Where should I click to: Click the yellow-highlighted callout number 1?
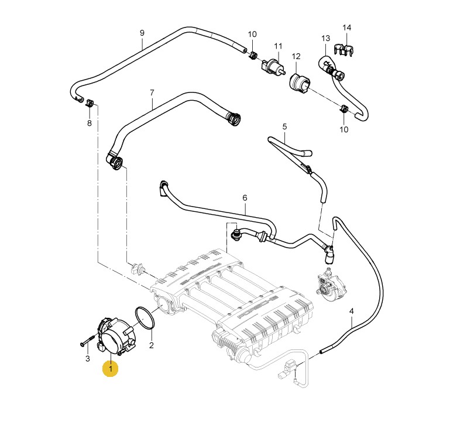[x=111, y=369]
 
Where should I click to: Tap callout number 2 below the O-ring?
[x=151, y=345]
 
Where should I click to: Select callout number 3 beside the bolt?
[x=88, y=358]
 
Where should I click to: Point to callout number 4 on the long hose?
[x=351, y=311]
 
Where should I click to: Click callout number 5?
[x=284, y=126]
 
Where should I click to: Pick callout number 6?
[x=245, y=198]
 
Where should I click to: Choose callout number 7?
[x=152, y=92]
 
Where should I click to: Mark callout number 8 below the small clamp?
[x=90, y=123]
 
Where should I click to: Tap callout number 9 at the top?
[x=142, y=33]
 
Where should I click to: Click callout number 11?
[x=278, y=46]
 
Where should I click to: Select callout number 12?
[x=296, y=56]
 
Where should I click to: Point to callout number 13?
[x=326, y=38]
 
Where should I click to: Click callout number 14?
[x=346, y=28]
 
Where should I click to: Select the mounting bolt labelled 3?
[x=88, y=340]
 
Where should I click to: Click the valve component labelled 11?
[x=273, y=67]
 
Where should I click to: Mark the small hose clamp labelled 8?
[x=90, y=103]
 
